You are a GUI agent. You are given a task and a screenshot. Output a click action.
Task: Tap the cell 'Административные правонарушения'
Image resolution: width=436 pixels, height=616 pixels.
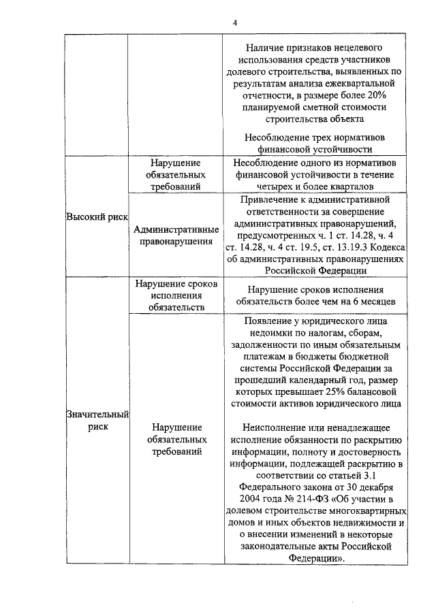coord(176,234)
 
